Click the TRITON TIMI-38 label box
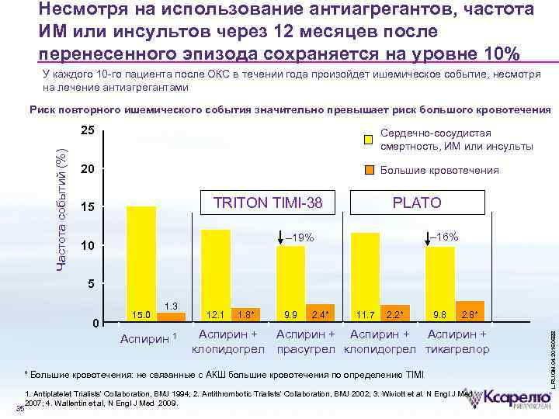click(x=267, y=203)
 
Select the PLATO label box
click(x=417, y=203)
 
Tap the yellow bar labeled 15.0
click(x=141, y=260)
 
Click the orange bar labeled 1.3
click(x=172, y=316)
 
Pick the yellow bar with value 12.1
click(x=216, y=272)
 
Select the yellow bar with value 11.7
click(x=365, y=273)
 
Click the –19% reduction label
click(x=298, y=237)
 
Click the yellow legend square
click(x=370, y=140)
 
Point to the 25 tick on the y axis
click(x=88, y=130)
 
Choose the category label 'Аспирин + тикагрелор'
click(x=457, y=342)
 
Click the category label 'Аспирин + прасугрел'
click(x=308, y=342)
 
